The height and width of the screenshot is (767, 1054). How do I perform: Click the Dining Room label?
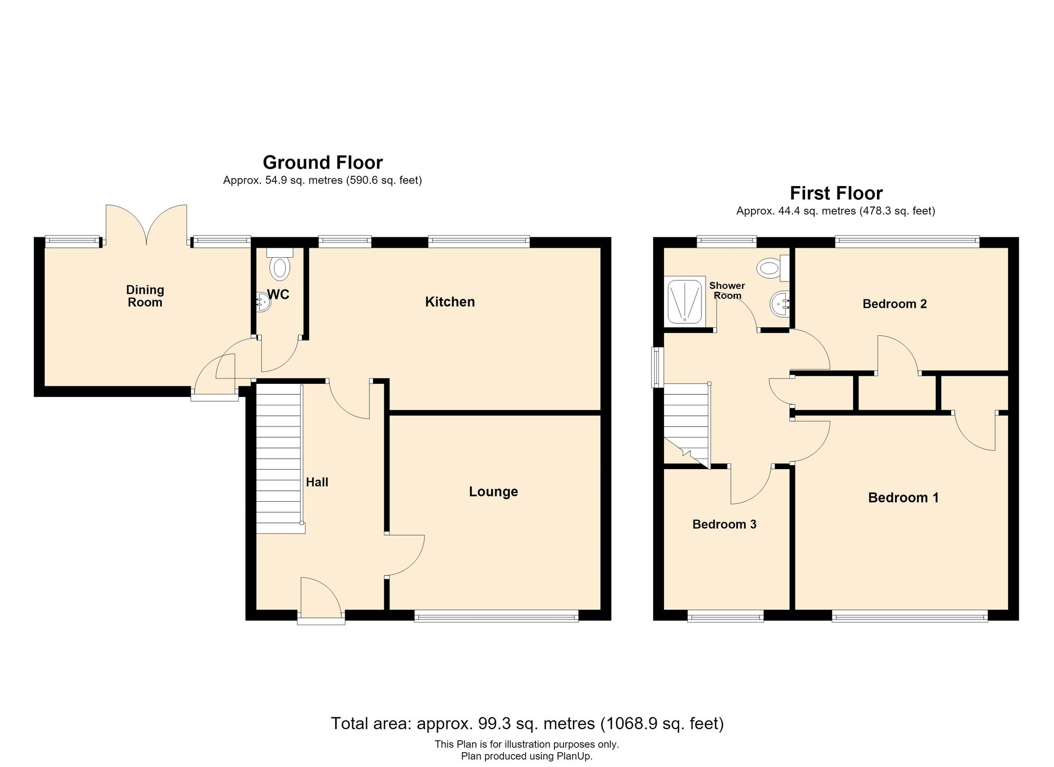pyautogui.click(x=145, y=296)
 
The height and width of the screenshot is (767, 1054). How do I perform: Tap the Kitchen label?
pyautogui.click(x=450, y=302)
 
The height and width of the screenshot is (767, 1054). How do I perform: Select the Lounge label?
pyautogui.click(x=493, y=492)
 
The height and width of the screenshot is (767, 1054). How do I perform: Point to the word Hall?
pyautogui.click(x=317, y=482)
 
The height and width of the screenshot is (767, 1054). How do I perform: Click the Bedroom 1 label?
pyautogui.click(x=903, y=498)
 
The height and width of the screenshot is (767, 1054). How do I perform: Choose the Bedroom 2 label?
pyautogui.click(x=894, y=304)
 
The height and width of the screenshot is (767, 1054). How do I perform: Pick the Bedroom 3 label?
pyautogui.click(x=724, y=525)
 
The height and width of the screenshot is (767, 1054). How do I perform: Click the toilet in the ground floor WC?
pyautogui.click(x=279, y=263)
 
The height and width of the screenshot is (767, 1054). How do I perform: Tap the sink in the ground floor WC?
pyautogui.click(x=263, y=302)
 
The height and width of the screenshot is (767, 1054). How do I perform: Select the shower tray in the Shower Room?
pyautogui.click(x=686, y=300)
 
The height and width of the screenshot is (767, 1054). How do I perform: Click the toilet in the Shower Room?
pyautogui.click(x=773, y=268)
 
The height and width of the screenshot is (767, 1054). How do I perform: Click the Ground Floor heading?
pyautogui.click(x=323, y=162)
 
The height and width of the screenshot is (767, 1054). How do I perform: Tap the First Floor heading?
pyautogui.click(x=836, y=193)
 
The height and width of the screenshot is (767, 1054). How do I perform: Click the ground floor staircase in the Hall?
pyautogui.click(x=280, y=459)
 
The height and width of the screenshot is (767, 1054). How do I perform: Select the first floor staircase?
pyautogui.click(x=687, y=425)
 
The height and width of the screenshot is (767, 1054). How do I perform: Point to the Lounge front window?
pyautogui.click(x=496, y=616)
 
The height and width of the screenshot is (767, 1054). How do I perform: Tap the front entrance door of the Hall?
pyautogui.click(x=321, y=601)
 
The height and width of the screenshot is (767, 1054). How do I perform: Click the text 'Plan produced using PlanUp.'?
pyautogui.click(x=527, y=756)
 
